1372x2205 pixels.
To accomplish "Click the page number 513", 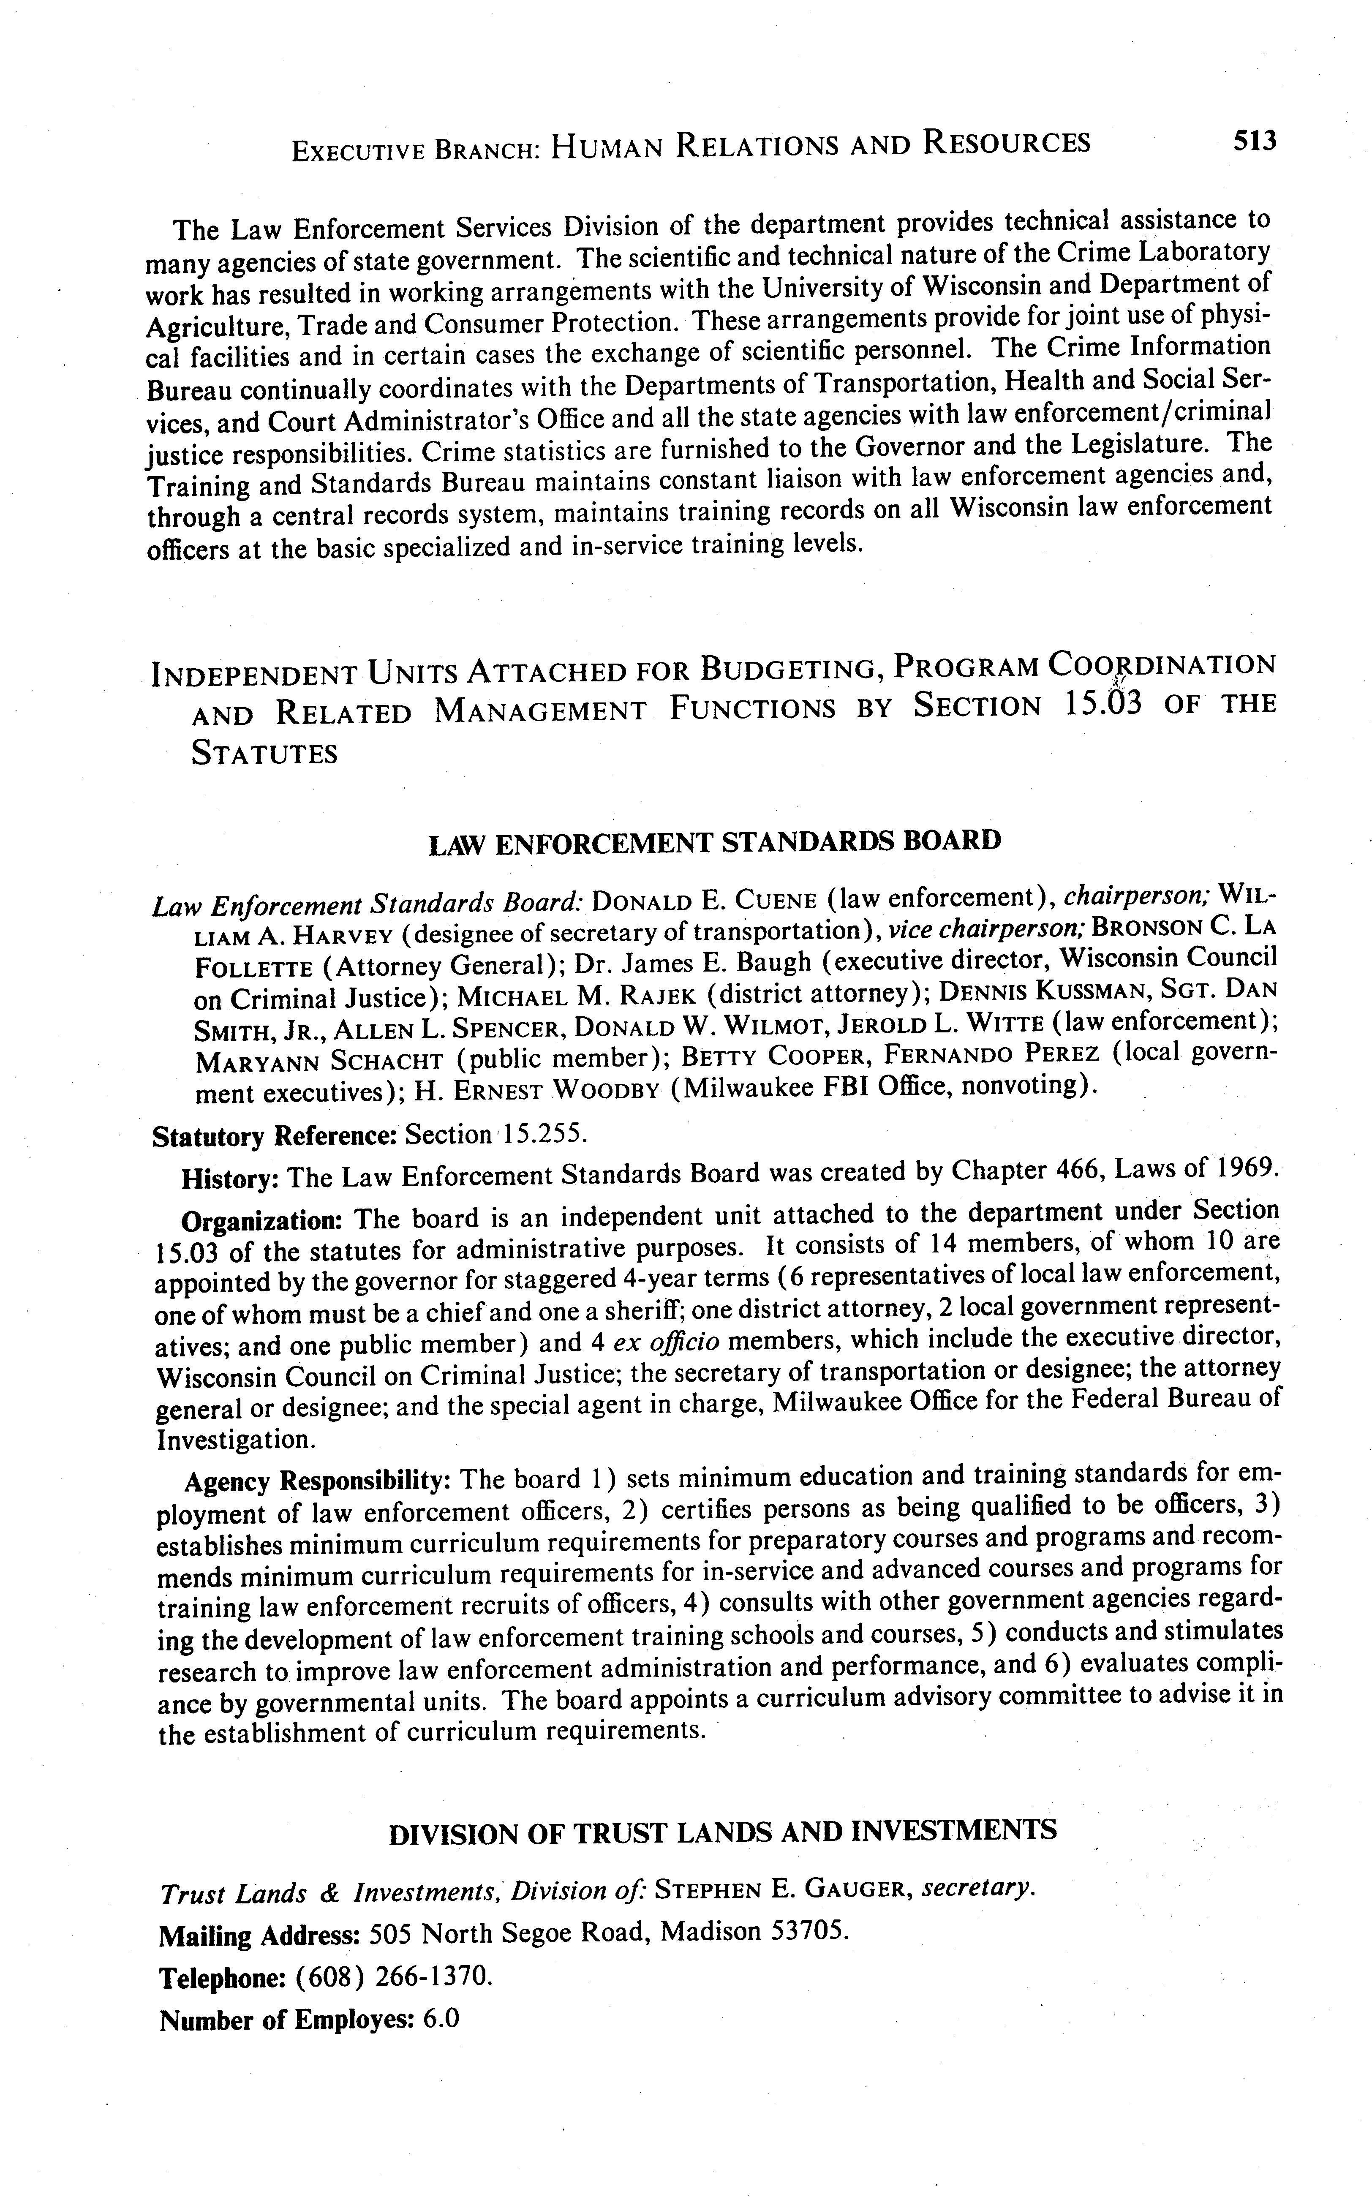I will tap(1253, 141).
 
